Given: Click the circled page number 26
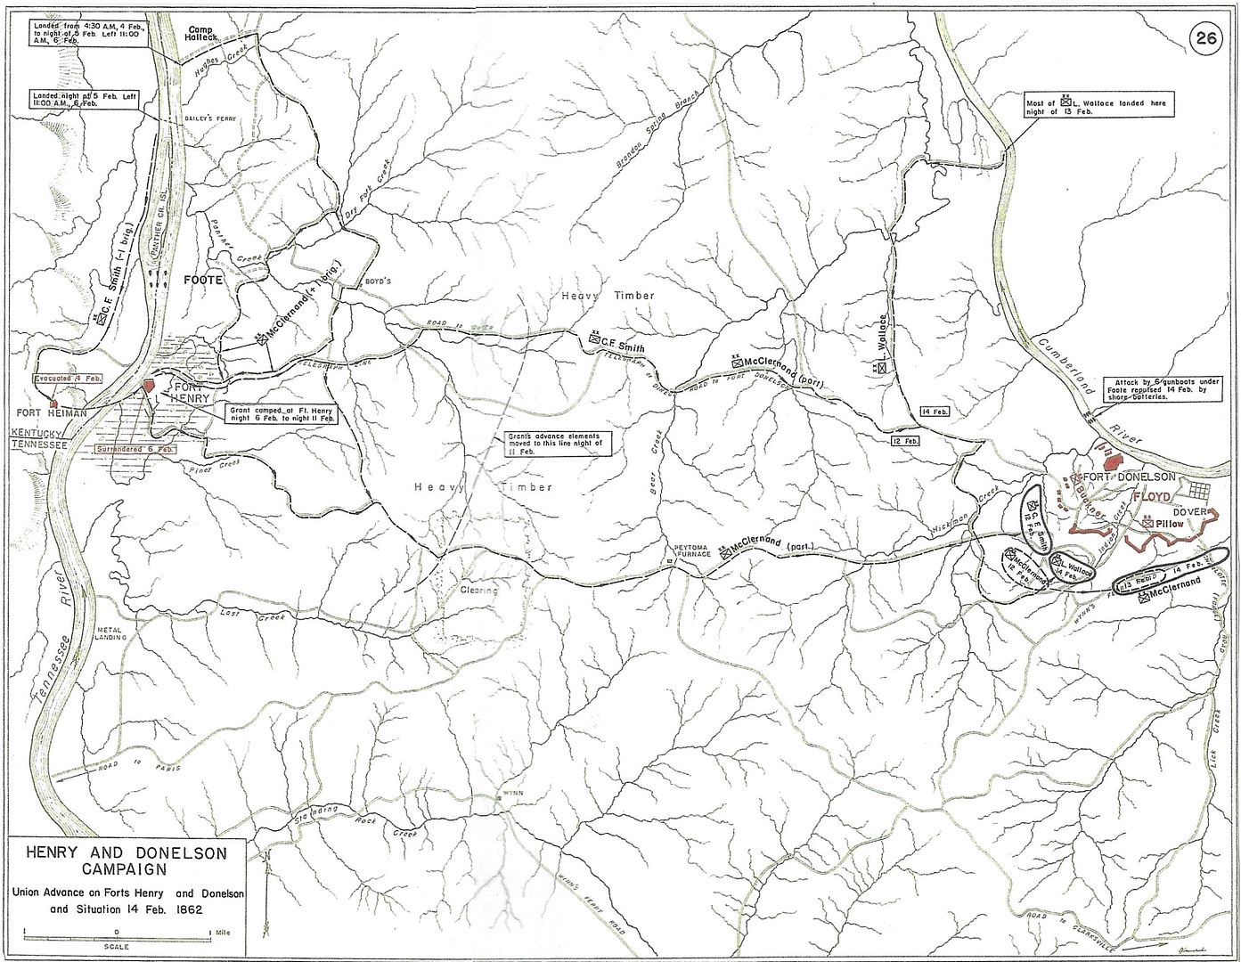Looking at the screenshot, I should pos(1208,15).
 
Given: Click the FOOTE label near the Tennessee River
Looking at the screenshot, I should pos(201,279).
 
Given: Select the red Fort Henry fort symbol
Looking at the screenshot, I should pos(149,387).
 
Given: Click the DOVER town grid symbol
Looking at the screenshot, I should pos(1196,492).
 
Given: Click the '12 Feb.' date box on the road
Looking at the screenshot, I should pos(908,442).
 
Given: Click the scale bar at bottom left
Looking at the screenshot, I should pos(117,933).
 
